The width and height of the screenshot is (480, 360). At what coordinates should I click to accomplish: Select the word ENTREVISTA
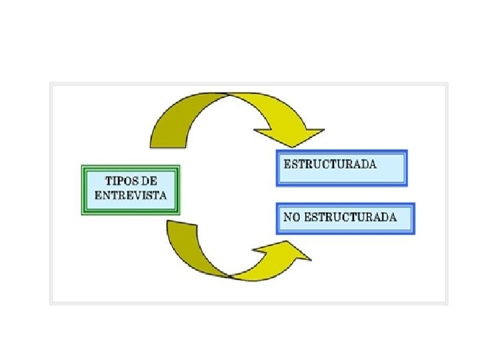coord(130,195)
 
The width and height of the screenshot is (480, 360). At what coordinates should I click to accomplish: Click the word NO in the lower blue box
coord(291,217)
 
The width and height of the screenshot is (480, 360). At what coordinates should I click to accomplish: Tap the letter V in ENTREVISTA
coord(138,195)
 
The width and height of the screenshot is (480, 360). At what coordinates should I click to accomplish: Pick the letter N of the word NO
coord(287,217)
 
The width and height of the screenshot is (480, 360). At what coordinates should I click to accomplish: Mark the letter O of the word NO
coord(295,217)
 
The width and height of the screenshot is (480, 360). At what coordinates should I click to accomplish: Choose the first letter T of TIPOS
coord(108,181)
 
